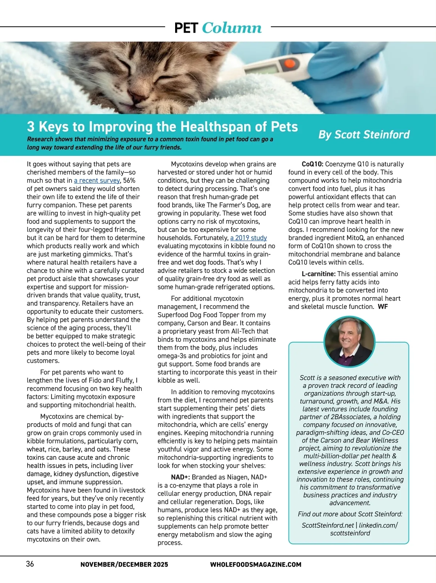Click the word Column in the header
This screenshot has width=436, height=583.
point(231,28)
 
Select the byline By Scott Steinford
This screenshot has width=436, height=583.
point(364,135)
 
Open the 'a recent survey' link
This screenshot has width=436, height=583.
point(97,180)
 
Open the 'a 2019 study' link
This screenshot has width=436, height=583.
point(249,238)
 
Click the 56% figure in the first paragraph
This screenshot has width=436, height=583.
point(129,180)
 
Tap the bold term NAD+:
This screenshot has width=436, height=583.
point(180,477)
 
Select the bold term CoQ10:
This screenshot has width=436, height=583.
point(312,164)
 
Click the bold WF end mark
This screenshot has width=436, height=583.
point(383,306)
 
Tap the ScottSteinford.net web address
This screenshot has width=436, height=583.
point(328,525)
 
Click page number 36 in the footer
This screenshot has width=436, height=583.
point(30,564)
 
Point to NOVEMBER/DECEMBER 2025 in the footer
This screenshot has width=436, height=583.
point(124,564)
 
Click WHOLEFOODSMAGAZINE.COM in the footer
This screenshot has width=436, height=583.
point(255,564)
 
